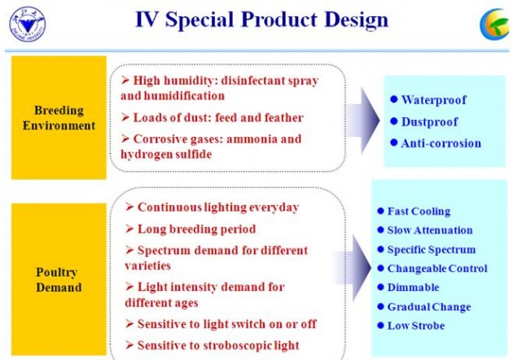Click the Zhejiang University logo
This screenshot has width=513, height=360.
pyautogui.click(x=28, y=25)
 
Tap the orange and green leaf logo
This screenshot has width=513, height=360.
pyautogui.click(x=496, y=24)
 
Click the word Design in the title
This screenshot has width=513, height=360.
pyautogui.click(x=357, y=20)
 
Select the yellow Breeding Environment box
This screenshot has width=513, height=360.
pyautogui.click(x=59, y=118)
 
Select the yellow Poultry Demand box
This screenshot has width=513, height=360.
pyautogui.click(x=59, y=279)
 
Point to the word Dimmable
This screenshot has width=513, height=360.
pyautogui.click(x=413, y=288)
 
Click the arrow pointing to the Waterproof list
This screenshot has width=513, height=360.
pyautogui.click(x=363, y=121)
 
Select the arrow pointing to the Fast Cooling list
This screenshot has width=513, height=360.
pyautogui.click(x=353, y=268)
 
